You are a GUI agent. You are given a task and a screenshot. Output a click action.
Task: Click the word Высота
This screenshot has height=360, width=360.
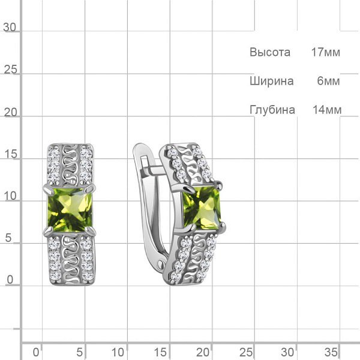[x=270, y=52]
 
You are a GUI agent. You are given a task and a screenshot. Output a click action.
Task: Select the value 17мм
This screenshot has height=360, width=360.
[x=326, y=52]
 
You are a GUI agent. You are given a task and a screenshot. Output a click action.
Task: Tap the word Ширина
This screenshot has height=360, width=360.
[x=272, y=81]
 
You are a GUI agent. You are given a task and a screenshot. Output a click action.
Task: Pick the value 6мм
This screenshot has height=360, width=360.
[x=328, y=81]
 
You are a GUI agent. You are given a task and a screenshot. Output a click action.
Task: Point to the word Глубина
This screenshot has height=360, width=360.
[x=272, y=110]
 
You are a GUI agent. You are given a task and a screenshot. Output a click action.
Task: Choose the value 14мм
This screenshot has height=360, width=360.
[x=327, y=110]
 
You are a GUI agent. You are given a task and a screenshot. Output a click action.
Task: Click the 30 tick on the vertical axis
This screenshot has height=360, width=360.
[x=10, y=28]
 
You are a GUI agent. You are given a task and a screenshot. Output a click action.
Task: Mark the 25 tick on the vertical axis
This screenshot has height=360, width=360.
[x=11, y=70]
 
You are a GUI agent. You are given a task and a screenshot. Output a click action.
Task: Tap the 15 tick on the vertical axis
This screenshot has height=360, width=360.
[x=11, y=154]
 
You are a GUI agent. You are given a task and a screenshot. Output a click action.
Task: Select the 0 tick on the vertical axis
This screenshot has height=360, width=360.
[x=10, y=280]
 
